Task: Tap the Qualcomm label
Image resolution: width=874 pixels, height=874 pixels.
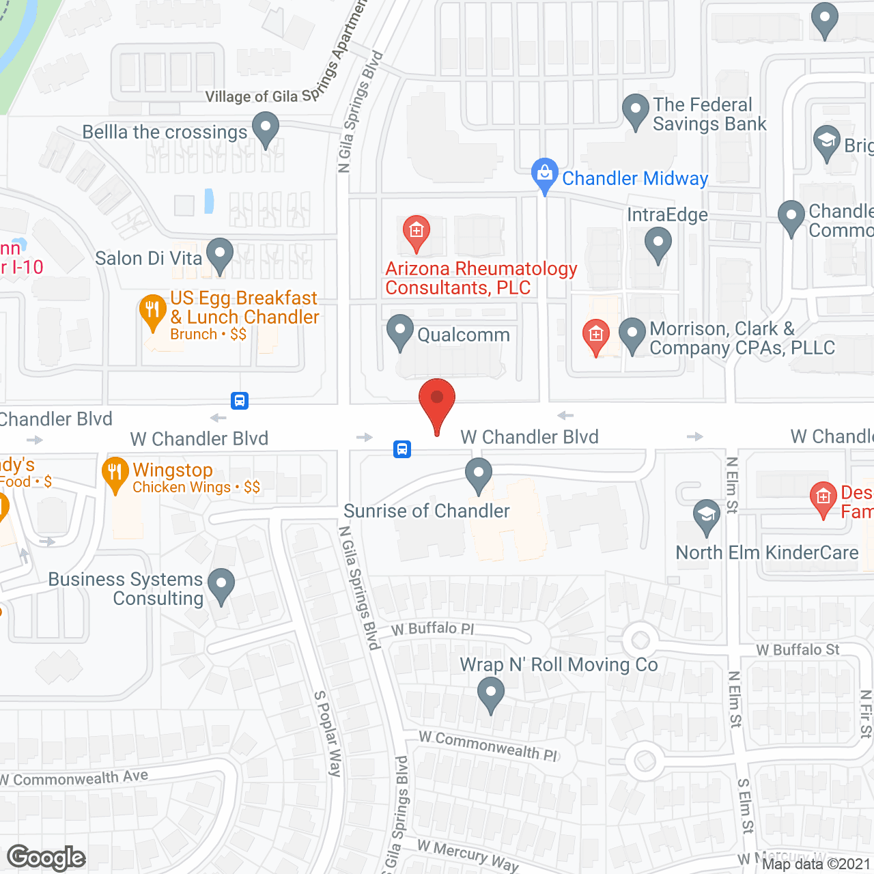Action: [464, 335]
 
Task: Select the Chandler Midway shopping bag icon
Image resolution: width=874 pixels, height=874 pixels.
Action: [544, 174]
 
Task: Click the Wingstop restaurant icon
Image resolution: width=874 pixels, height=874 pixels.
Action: [115, 473]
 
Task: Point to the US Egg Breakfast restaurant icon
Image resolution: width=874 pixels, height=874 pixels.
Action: [152, 311]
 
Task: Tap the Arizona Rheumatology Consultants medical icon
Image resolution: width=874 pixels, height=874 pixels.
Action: [416, 231]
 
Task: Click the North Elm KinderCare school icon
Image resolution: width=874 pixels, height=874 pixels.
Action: [706, 516]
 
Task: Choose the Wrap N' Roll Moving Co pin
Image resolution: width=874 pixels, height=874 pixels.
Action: [490, 694]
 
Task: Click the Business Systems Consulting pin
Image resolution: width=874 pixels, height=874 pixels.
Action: [221, 584]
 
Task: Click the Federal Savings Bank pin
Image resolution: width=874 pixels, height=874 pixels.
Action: [636, 110]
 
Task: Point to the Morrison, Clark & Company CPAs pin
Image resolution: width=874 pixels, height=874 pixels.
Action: [632, 335]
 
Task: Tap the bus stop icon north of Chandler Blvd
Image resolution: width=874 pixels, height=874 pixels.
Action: [239, 400]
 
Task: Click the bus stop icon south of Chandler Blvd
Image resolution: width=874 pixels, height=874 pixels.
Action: [402, 449]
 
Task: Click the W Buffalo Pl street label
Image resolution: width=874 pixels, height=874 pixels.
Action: [433, 628]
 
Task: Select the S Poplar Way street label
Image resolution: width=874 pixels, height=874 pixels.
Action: [327, 733]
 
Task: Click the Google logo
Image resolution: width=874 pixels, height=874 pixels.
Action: [46, 858]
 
